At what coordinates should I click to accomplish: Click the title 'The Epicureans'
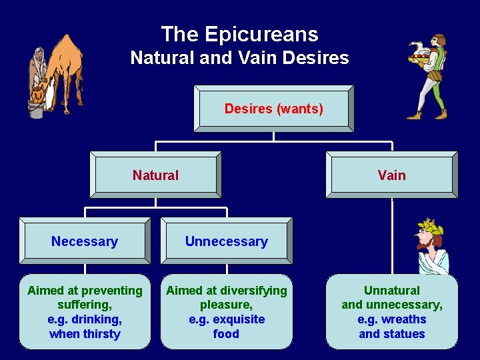(x=240, y=34)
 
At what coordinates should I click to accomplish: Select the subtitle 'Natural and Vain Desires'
(x=240, y=58)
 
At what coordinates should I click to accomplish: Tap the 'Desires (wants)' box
(x=273, y=109)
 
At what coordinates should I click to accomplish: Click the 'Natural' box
(x=155, y=175)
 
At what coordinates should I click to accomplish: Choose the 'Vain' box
(x=391, y=175)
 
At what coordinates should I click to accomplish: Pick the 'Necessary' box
(x=85, y=241)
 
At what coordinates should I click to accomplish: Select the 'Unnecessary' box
(x=226, y=241)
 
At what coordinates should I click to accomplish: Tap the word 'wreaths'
(x=404, y=319)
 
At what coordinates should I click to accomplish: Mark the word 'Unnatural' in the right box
(x=392, y=291)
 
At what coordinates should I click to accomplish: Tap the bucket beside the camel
(x=36, y=109)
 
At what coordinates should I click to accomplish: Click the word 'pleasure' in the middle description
(x=226, y=305)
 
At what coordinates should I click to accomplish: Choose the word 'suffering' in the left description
(x=85, y=305)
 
